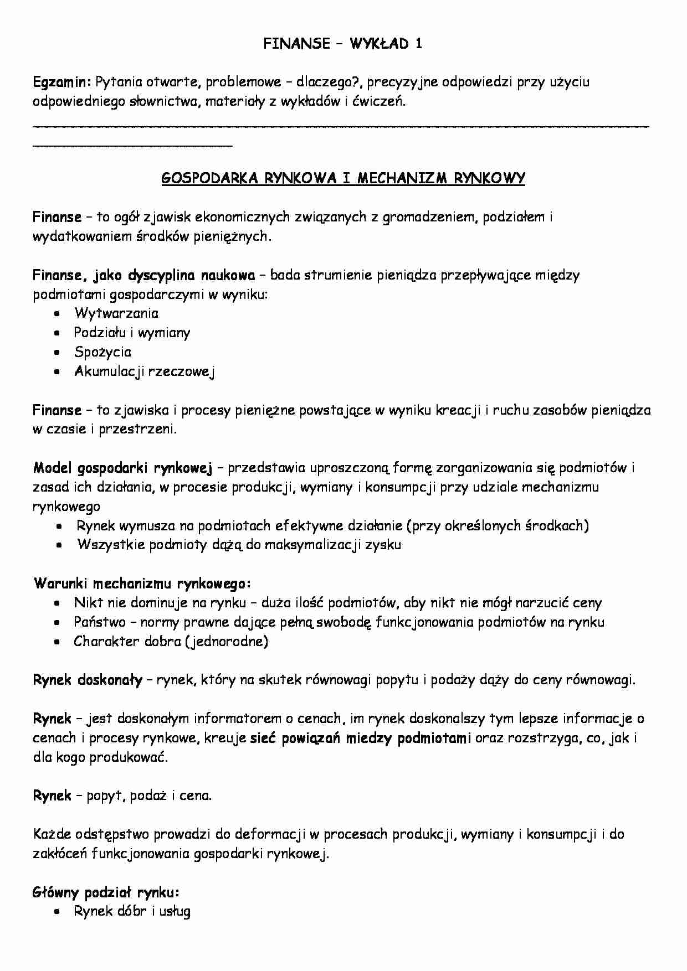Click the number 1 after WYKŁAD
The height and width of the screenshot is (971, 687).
pyautogui.click(x=418, y=44)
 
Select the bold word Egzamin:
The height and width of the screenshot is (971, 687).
pyautogui.click(x=61, y=82)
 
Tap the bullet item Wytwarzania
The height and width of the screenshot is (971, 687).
pyautogui.click(x=116, y=313)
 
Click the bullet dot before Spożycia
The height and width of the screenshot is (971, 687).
pyautogui.click(x=57, y=353)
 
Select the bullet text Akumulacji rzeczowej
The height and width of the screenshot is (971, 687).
pyautogui.click(x=144, y=371)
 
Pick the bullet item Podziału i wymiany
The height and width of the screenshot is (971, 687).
pyautogui.click(x=132, y=333)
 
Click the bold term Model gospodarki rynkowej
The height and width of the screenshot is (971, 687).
pyautogui.click(x=122, y=468)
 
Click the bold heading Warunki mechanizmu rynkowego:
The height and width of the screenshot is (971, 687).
pyautogui.click(x=142, y=584)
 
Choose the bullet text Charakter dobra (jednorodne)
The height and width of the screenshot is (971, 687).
pyautogui.click(x=171, y=642)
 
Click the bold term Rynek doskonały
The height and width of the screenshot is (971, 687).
pyautogui.click(x=88, y=680)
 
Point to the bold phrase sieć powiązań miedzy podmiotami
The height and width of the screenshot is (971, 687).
pyautogui.click(x=361, y=738)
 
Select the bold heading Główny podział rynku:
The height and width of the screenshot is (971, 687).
pyautogui.click(x=106, y=892)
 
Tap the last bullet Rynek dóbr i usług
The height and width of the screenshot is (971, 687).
pyautogui.click(x=132, y=912)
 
